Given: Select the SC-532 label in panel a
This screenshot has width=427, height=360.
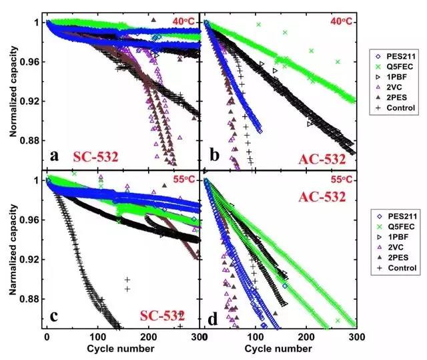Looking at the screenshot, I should (95, 158).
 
